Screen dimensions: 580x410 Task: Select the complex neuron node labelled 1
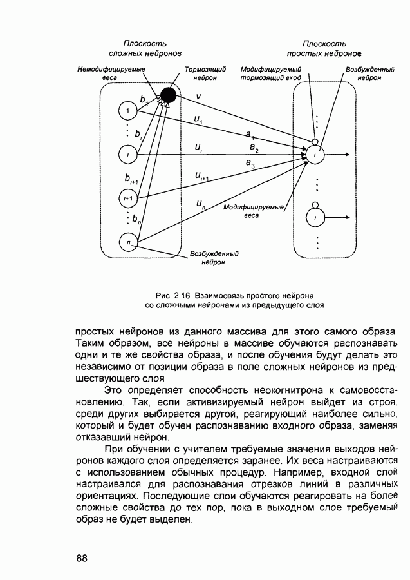pyautogui.click(x=128, y=112)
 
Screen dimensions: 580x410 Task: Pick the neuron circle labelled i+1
pyautogui.click(x=128, y=198)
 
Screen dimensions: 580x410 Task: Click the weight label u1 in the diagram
pyautogui.click(x=198, y=119)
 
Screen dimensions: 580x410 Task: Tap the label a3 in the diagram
pyautogui.click(x=250, y=164)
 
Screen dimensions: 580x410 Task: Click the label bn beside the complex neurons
pyautogui.click(x=136, y=220)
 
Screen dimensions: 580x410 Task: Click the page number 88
pyautogui.click(x=82, y=557)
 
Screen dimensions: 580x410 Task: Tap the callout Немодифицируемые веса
pyautogui.click(x=111, y=73)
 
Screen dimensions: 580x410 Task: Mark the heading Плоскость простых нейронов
pyautogui.click(x=324, y=48)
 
